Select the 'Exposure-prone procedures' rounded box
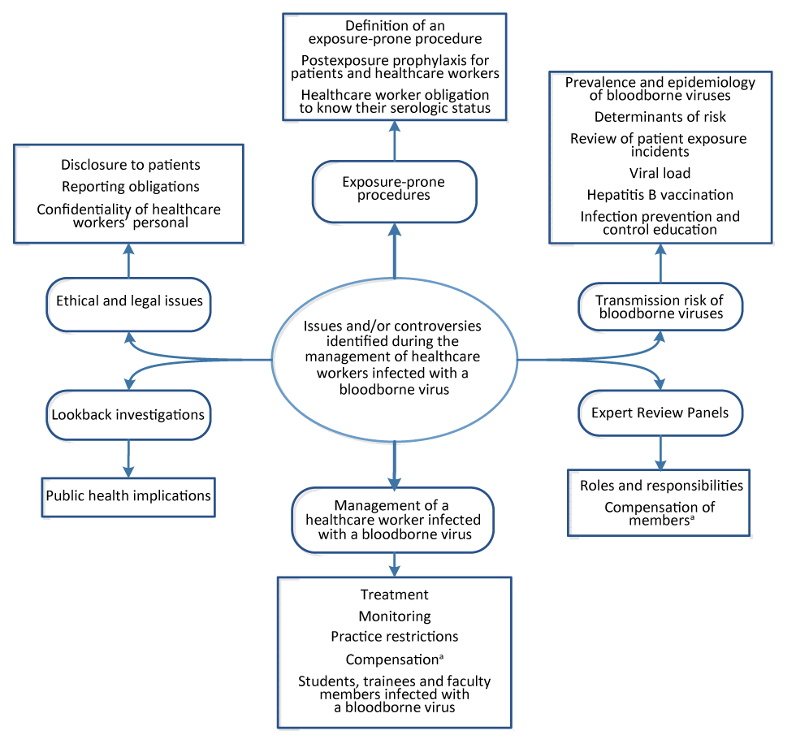[x=394, y=188]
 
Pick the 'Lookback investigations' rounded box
[x=128, y=414]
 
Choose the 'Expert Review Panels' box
[x=660, y=413]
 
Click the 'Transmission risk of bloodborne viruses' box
[x=660, y=306]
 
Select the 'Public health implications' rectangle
[x=128, y=495]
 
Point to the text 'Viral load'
[x=660, y=173]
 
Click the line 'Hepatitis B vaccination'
[x=660, y=195]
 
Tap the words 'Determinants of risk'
[x=660, y=117]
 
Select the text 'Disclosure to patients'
[x=130, y=166]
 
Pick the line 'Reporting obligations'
[x=130, y=187]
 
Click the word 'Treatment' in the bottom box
[x=394, y=595]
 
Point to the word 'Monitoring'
[x=394, y=616]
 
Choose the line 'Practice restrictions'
[x=394, y=637]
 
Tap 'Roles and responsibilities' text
[x=661, y=486]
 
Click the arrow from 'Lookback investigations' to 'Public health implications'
[x=128, y=458]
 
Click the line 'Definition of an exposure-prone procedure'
[x=394, y=32]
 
